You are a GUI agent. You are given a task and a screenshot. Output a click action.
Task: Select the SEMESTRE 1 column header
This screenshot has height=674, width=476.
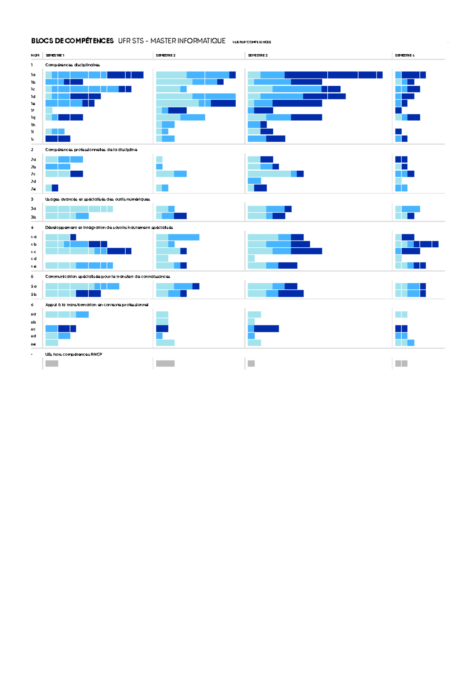click(x=55, y=56)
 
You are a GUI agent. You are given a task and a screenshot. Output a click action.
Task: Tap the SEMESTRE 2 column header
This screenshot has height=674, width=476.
click(x=165, y=56)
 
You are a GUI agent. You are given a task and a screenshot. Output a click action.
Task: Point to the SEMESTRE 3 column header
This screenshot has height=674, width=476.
click(x=258, y=56)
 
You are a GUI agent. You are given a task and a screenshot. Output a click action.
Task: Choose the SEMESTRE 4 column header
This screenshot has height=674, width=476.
click(x=405, y=56)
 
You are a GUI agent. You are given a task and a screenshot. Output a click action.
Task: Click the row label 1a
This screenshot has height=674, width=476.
click(x=33, y=75)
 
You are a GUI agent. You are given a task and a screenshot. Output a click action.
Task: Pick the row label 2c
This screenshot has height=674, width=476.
click(x=33, y=174)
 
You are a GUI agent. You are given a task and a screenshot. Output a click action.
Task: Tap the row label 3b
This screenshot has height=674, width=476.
click(x=33, y=217)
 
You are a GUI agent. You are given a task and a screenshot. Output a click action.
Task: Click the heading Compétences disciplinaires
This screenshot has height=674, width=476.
click(x=73, y=65)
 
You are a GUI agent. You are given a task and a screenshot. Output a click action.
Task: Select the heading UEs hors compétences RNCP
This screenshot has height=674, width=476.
click(x=73, y=354)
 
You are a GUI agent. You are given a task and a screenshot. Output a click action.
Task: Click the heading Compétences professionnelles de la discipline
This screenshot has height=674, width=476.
click(x=91, y=150)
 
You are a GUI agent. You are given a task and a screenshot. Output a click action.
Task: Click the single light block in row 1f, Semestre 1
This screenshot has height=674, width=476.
click(x=49, y=110)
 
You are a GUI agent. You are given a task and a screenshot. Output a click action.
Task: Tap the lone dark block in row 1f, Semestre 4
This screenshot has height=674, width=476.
click(x=398, y=110)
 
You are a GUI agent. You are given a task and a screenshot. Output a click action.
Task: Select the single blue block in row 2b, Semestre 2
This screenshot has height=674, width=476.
click(x=159, y=167)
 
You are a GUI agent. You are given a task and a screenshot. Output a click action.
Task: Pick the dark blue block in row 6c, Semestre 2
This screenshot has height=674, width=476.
click(x=162, y=329)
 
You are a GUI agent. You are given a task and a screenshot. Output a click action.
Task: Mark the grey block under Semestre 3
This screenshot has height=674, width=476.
click(x=251, y=364)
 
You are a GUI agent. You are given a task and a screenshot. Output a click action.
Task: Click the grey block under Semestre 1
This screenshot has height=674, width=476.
click(x=52, y=364)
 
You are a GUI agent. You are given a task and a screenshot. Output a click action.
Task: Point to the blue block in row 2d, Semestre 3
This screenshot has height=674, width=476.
click(x=254, y=181)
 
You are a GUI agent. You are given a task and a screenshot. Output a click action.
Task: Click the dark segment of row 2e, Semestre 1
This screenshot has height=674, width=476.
click(x=55, y=188)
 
